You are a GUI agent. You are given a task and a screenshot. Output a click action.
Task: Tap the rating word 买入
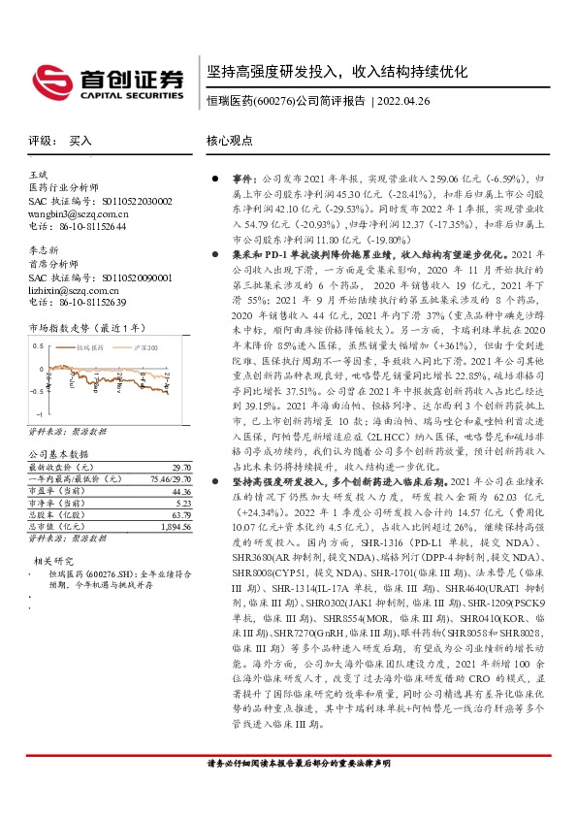(80, 141)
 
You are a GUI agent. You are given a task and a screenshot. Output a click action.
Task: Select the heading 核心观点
(229, 141)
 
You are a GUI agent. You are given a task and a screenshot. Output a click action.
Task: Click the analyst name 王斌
(38, 174)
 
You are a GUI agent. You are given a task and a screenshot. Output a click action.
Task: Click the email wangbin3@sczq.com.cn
(75, 213)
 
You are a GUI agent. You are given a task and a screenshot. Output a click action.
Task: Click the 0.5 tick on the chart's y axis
(38, 346)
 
